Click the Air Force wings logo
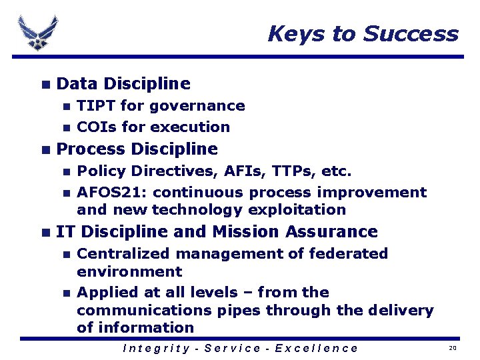pos(38,32)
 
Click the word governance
pos(197,105)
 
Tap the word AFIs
pos(238,171)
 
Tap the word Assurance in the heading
pos(331,232)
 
